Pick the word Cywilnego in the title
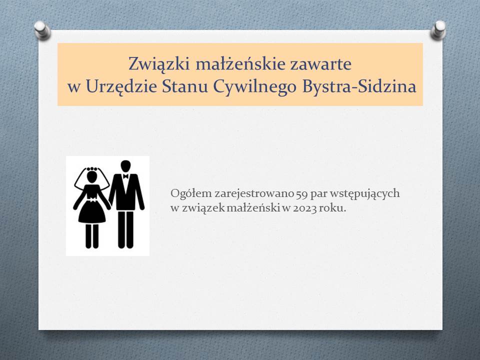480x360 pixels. click(x=255, y=87)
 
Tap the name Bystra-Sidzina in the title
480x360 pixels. click(x=359, y=86)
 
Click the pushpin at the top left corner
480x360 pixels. click(x=42, y=30)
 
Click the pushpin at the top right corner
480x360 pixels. click(x=438, y=29)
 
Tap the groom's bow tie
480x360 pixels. click(x=125, y=176)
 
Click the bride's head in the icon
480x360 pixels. click(x=92, y=176)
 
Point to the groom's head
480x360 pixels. click(x=125, y=166)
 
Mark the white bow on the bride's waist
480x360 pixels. click(x=92, y=199)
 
